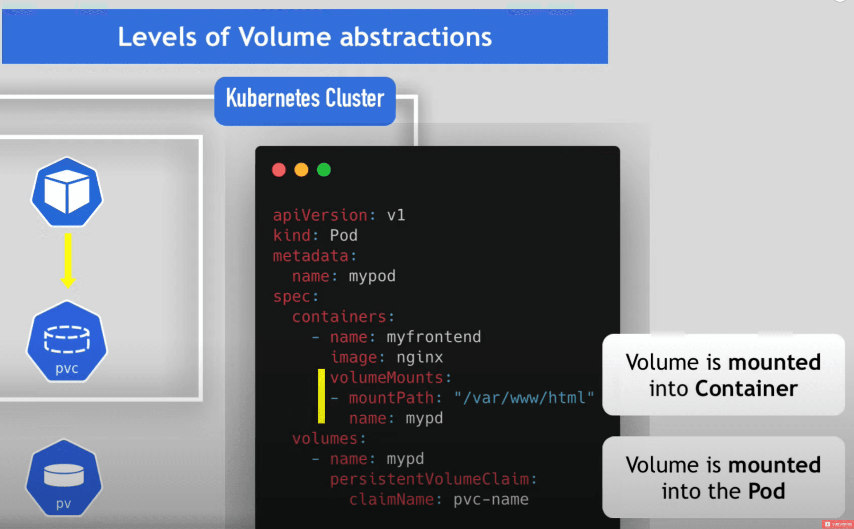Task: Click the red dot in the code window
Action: (279, 170)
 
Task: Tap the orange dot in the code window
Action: (302, 170)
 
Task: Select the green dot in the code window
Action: (324, 170)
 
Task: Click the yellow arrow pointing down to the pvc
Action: (68, 260)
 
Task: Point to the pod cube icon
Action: (67, 192)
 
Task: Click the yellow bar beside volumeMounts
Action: (321, 396)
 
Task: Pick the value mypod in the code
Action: (372, 277)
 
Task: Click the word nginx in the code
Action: (420, 358)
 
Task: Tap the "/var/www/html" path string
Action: (524, 398)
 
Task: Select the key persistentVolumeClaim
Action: (430, 479)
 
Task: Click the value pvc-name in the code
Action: (491, 500)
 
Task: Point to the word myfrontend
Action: (434, 337)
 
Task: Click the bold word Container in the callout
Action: (746, 388)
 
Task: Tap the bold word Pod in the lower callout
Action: (767, 491)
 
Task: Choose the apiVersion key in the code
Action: (320, 216)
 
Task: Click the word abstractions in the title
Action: (416, 37)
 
